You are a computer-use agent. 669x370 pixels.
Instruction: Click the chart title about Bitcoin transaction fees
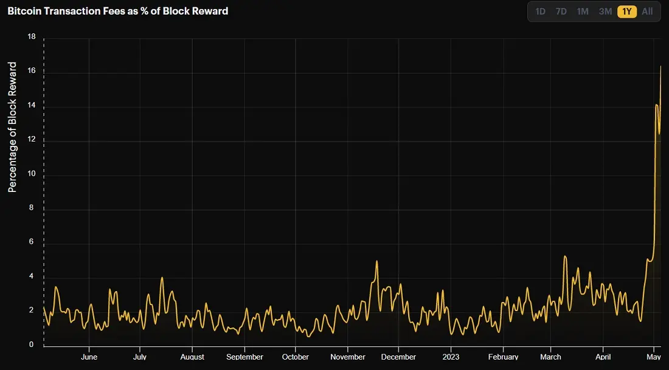[118, 11]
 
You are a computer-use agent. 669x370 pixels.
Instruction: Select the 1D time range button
[540, 12]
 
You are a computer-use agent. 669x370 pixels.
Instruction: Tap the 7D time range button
[561, 12]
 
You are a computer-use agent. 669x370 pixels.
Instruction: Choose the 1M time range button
[583, 12]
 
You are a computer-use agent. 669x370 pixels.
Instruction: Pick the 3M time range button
[605, 12]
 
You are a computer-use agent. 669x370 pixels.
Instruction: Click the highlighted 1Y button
[627, 12]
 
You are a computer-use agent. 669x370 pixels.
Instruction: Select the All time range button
[647, 12]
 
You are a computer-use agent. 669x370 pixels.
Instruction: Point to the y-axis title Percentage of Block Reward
[12, 127]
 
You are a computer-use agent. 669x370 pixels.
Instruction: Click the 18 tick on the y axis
[31, 36]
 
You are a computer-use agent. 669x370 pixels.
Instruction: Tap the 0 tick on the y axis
[31, 345]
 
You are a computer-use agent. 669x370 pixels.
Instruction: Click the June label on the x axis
[89, 357]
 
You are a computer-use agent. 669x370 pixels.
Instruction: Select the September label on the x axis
[244, 357]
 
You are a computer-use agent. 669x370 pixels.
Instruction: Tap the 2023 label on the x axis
[451, 357]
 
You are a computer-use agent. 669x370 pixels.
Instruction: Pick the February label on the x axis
[503, 357]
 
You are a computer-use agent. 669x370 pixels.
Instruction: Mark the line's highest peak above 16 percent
[660, 66]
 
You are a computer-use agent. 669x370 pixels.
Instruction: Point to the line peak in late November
[376, 261]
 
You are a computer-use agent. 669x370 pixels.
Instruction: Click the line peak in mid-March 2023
[565, 256]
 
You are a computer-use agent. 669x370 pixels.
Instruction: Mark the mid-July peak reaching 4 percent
[162, 278]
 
